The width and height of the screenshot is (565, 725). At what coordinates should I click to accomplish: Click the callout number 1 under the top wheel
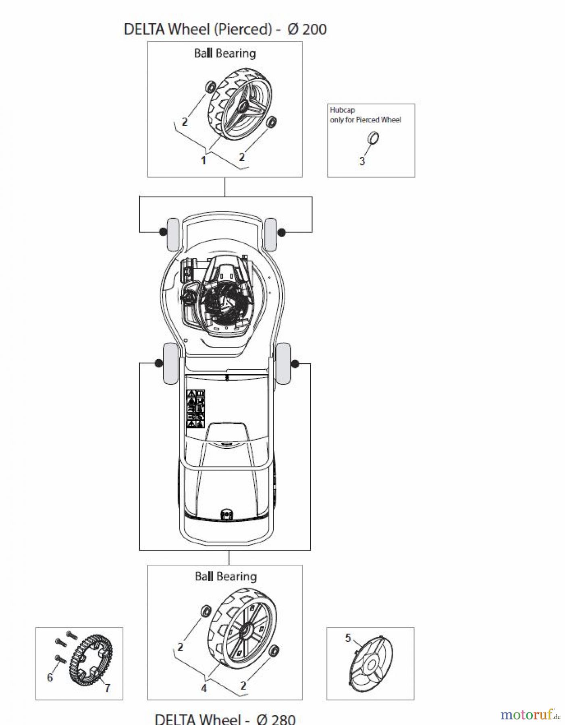pyautogui.click(x=204, y=160)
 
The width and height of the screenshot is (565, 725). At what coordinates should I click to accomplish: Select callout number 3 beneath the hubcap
pyautogui.click(x=362, y=161)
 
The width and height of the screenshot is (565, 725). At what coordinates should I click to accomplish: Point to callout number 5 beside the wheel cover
pyautogui.click(x=348, y=638)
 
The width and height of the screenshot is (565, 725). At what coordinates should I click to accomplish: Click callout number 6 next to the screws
pyautogui.click(x=50, y=677)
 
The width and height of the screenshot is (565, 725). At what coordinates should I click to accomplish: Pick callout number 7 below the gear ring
pyautogui.click(x=107, y=688)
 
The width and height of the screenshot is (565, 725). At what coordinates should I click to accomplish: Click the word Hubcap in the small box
pyautogui.click(x=342, y=110)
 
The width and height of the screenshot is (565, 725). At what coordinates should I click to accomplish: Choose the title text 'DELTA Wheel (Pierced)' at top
pyautogui.click(x=197, y=29)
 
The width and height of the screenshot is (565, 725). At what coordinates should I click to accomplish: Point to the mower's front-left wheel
pyautogui.click(x=173, y=234)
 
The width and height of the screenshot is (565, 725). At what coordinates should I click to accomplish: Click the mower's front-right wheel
pyautogui.click(x=270, y=234)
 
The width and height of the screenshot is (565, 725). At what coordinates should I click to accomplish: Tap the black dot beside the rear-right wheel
pyautogui.click(x=295, y=364)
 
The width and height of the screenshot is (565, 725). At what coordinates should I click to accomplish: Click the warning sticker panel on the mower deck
pyautogui.click(x=196, y=408)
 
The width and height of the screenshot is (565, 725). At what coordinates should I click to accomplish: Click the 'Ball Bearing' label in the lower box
pyautogui.click(x=226, y=576)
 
